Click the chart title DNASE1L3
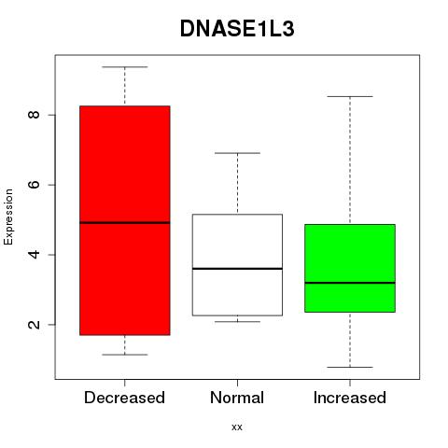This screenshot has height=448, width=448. tap(237, 29)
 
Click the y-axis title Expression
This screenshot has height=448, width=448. tap(8, 217)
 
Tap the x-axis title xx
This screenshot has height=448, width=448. tap(237, 427)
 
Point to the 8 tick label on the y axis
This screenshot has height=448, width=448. tap(34, 115)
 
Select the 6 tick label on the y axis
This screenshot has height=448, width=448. tap(34, 185)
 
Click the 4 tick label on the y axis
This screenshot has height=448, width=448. tap(34, 255)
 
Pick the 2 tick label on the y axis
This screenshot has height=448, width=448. tap(34, 325)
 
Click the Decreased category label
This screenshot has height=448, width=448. tap(124, 398)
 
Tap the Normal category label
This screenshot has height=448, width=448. tap(237, 398)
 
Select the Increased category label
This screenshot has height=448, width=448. tap(350, 398)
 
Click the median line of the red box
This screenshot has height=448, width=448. tap(125, 223)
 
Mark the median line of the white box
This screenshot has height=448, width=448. tap(237, 269)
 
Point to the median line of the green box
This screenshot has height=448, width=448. tap(350, 283)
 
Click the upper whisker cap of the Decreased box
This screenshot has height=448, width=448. tap(125, 67)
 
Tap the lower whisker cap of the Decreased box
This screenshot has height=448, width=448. tap(125, 355)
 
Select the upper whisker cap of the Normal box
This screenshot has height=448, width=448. tap(237, 153)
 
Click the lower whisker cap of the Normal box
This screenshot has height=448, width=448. tap(237, 322)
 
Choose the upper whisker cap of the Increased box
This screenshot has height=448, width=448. tap(350, 97)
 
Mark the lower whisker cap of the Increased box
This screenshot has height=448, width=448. tap(350, 367)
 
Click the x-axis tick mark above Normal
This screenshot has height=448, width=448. tap(237, 383)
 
